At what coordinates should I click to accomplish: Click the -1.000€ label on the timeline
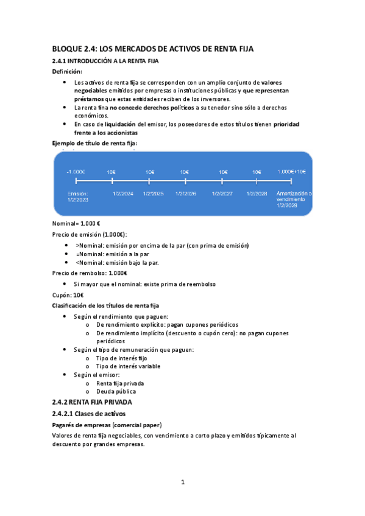[x=76, y=172]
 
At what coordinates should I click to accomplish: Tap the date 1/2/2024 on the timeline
[x=123, y=193]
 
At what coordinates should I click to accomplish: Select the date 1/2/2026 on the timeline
[x=185, y=193]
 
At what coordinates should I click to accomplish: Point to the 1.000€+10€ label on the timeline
[x=292, y=172]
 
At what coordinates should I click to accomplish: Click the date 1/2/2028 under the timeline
[x=257, y=193]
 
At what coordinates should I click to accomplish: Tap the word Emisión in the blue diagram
[x=78, y=193]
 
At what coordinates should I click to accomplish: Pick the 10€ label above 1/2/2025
[x=150, y=172]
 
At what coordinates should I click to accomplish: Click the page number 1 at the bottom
[x=182, y=482]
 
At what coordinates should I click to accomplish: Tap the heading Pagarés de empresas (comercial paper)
[x=110, y=425]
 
